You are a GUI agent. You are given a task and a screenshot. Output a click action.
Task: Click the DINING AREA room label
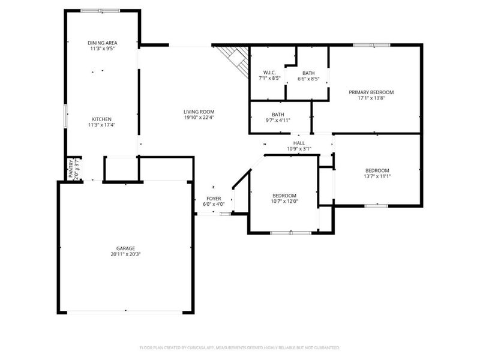point(102,43)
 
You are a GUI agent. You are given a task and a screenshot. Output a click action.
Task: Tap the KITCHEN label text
point(101,119)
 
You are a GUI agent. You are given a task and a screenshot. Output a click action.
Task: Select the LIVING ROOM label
point(199,112)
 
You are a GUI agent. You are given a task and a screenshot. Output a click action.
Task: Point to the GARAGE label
point(125,248)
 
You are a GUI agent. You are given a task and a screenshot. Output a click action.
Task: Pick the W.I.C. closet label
point(269,73)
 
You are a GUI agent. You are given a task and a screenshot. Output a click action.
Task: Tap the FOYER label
point(214,199)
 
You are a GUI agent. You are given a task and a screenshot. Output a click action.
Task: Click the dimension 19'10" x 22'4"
point(199,118)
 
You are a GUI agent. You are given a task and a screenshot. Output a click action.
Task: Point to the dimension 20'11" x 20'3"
point(125,254)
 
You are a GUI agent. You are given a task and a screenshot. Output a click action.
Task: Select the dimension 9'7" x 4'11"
point(278,120)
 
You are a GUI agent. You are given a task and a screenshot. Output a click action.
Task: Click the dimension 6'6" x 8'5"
point(308,79)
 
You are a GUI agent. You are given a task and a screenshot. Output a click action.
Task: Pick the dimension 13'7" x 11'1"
point(377,176)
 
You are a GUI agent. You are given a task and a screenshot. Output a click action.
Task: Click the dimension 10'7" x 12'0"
point(284,202)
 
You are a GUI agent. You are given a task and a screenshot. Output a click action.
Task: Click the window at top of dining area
point(100,10)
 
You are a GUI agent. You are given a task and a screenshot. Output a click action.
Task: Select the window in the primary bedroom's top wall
point(371,45)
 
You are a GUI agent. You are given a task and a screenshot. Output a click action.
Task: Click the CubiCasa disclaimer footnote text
point(240,347)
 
